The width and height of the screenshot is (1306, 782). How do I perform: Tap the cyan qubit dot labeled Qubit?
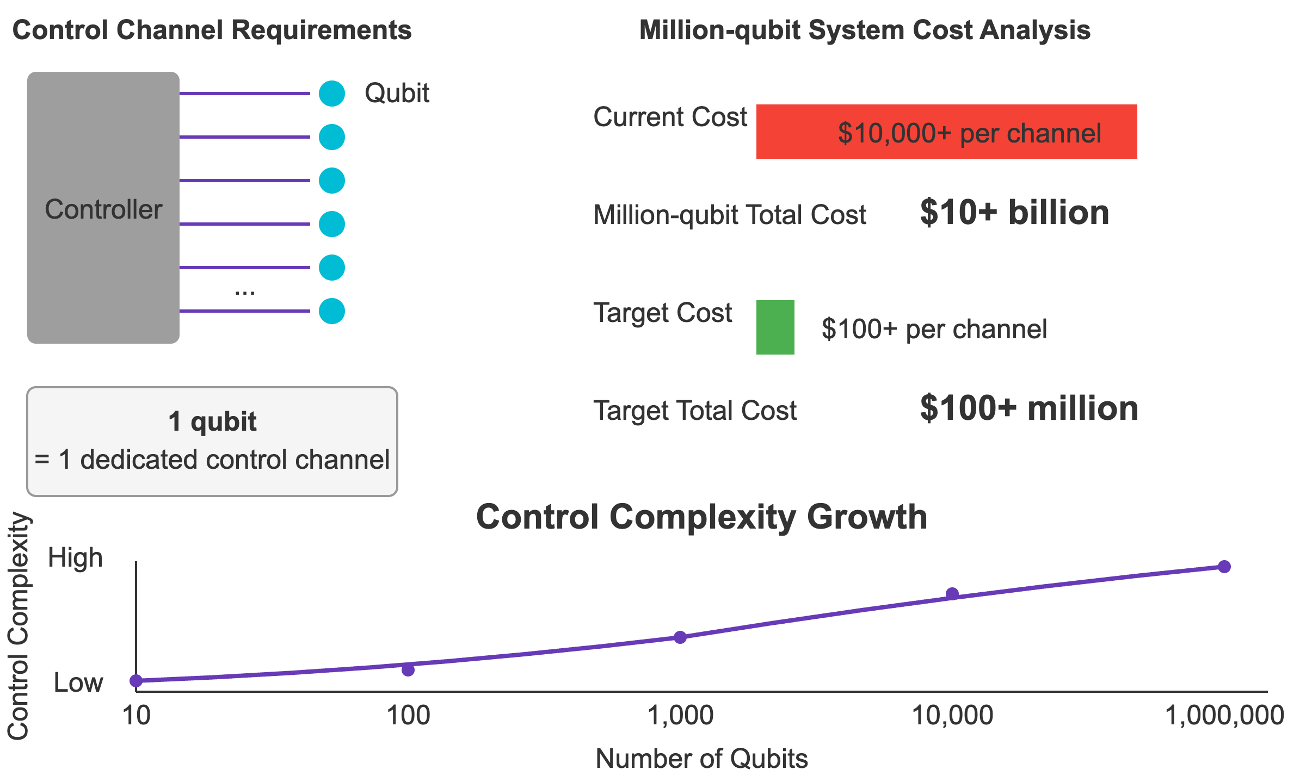[332, 94]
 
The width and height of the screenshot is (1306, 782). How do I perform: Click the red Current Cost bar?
[946, 132]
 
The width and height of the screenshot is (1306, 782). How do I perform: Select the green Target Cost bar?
[775, 327]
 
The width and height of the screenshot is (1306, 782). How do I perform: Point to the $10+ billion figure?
[1014, 213]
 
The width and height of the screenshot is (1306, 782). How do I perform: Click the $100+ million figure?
[1028, 408]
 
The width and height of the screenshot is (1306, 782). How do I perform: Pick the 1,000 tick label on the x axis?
[680, 715]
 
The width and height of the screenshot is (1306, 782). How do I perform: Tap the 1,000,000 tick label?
[1224, 715]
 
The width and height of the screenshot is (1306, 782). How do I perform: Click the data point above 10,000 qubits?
[952, 594]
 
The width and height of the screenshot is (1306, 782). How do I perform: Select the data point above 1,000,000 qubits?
[1224, 567]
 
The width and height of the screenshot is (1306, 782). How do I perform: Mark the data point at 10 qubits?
[136, 681]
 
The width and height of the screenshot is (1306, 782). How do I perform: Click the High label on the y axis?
[75, 558]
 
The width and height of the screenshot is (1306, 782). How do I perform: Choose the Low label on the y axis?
[78, 683]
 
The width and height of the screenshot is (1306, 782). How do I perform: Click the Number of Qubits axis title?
[701, 759]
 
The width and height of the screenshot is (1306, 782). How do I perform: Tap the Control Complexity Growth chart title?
[701, 517]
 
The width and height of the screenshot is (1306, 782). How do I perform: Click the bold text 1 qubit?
[212, 421]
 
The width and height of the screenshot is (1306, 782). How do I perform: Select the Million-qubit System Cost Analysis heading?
[865, 30]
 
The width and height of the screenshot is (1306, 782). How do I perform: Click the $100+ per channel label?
[934, 329]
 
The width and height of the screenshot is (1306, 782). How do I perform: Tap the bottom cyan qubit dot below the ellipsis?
[332, 311]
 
